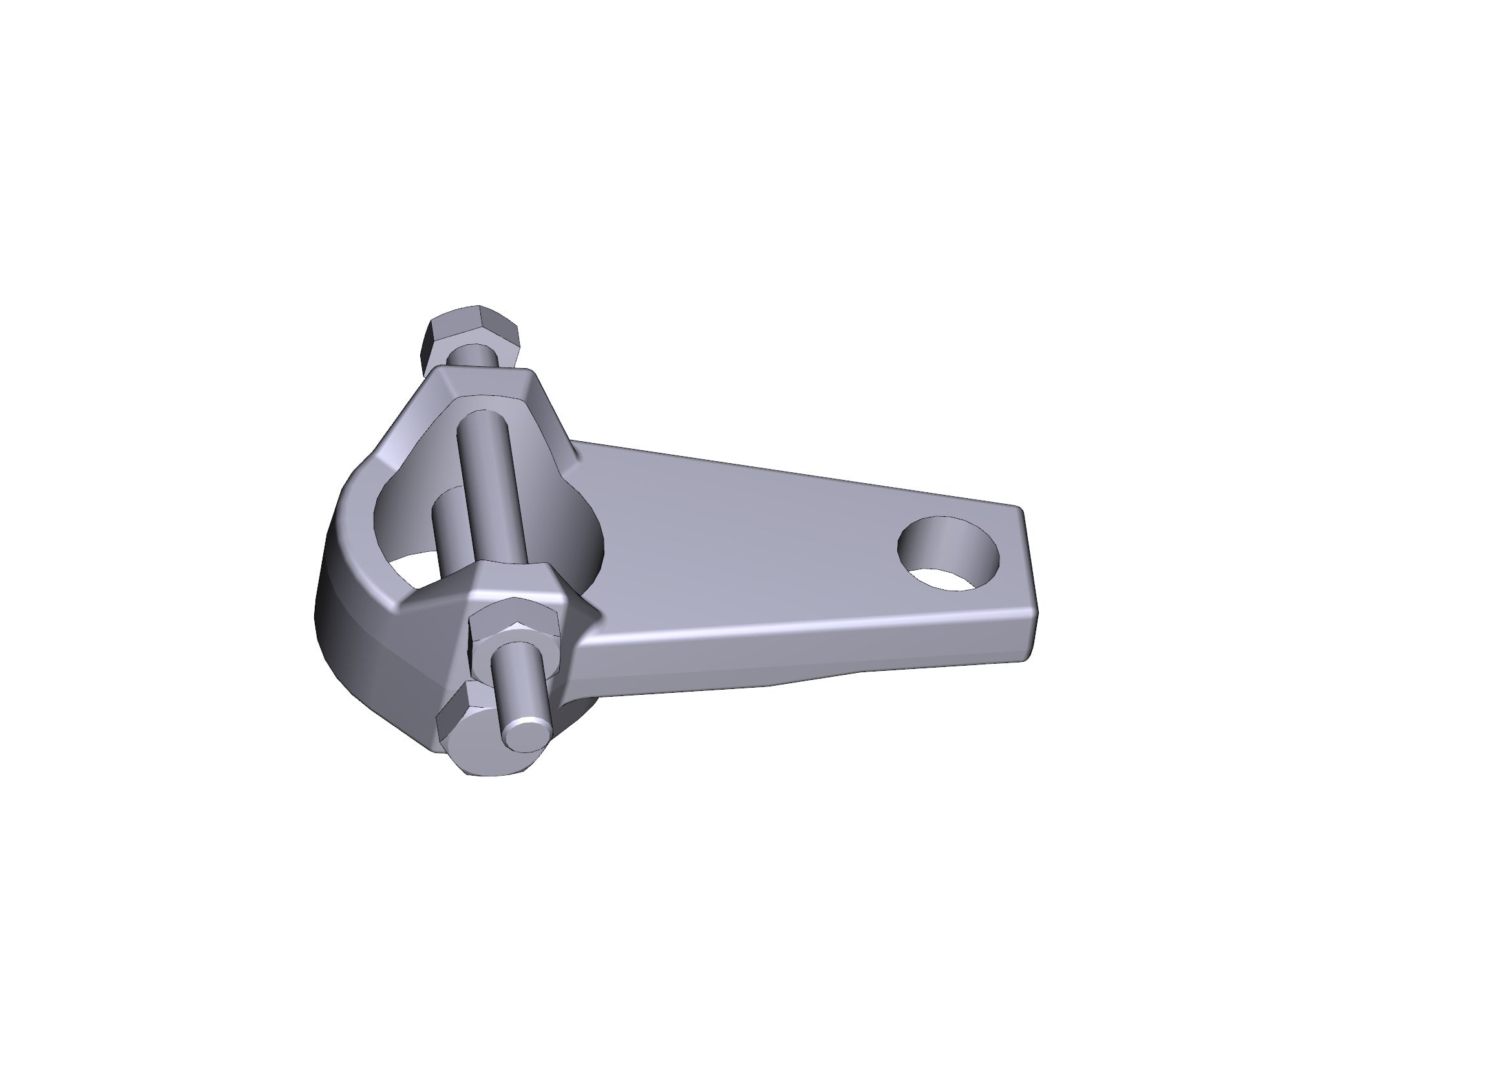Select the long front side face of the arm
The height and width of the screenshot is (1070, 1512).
tap(790, 652)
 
